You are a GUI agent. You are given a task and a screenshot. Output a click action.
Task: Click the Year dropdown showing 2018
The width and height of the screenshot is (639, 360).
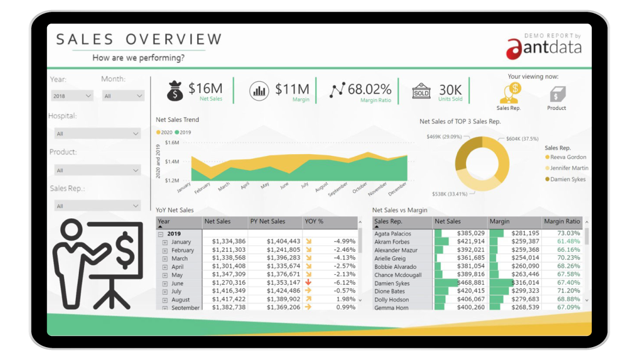[x=72, y=96]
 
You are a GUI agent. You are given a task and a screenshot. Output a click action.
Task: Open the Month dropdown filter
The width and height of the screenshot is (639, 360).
[x=123, y=96]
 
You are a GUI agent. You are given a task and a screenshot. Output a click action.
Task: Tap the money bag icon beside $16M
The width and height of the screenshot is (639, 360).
[x=175, y=91]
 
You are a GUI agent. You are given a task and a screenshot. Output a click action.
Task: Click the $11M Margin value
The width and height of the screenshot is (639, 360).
[x=292, y=89]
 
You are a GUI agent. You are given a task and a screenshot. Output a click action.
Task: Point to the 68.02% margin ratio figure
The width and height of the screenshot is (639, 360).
[x=369, y=89]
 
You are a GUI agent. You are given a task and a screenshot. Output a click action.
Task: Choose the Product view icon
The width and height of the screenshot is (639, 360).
[x=556, y=95]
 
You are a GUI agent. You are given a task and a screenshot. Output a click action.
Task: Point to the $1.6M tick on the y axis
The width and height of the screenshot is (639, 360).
[x=172, y=142]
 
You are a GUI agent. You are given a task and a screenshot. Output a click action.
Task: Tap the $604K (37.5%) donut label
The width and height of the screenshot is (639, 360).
[x=522, y=139]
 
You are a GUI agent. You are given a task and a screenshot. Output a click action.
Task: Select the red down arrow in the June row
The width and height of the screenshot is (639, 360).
[x=308, y=282]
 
